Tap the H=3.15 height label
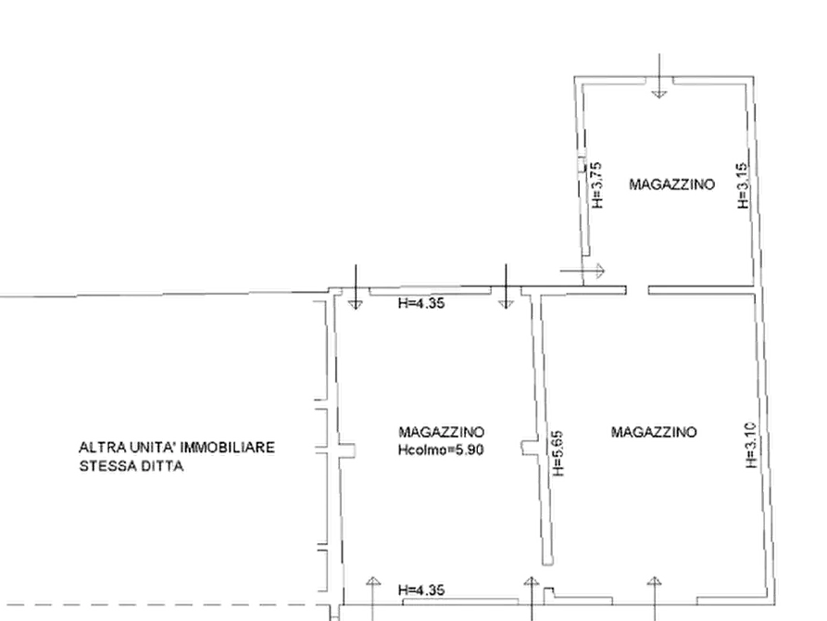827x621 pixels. (x=743, y=185)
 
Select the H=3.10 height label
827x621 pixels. (x=752, y=445)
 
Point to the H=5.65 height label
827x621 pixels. (x=558, y=453)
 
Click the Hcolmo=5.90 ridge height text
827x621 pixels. (x=441, y=450)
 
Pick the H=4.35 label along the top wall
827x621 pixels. (x=421, y=303)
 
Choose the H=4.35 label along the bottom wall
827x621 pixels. (x=421, y=589)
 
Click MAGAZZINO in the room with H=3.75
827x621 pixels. (x=672, y=184)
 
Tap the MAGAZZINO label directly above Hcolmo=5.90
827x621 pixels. (x=441, y=432)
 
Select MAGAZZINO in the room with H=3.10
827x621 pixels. (x=654, y=432)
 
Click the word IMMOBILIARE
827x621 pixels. (x=227, y=448)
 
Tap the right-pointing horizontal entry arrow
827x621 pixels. (x=583, y=272)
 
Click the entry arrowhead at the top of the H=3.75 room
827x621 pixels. (x=658, y=95)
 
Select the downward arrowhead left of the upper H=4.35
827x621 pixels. (x=356, y=305)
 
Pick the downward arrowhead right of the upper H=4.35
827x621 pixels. (x=506, y=305)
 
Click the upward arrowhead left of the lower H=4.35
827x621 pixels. (x=373, y=581)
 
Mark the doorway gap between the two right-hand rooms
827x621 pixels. (x=638, y=290)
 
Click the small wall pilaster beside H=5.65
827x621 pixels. (x=529, y=448)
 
